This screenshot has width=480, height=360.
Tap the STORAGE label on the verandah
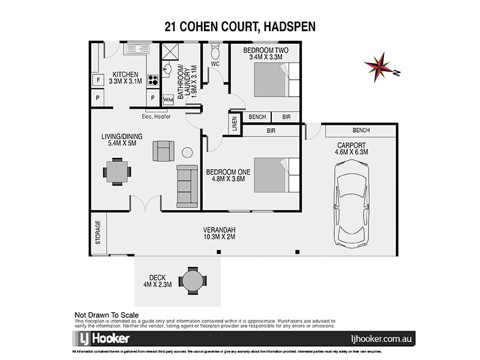[x=98, y=233]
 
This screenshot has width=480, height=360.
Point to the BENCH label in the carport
[x=362, y=131]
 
